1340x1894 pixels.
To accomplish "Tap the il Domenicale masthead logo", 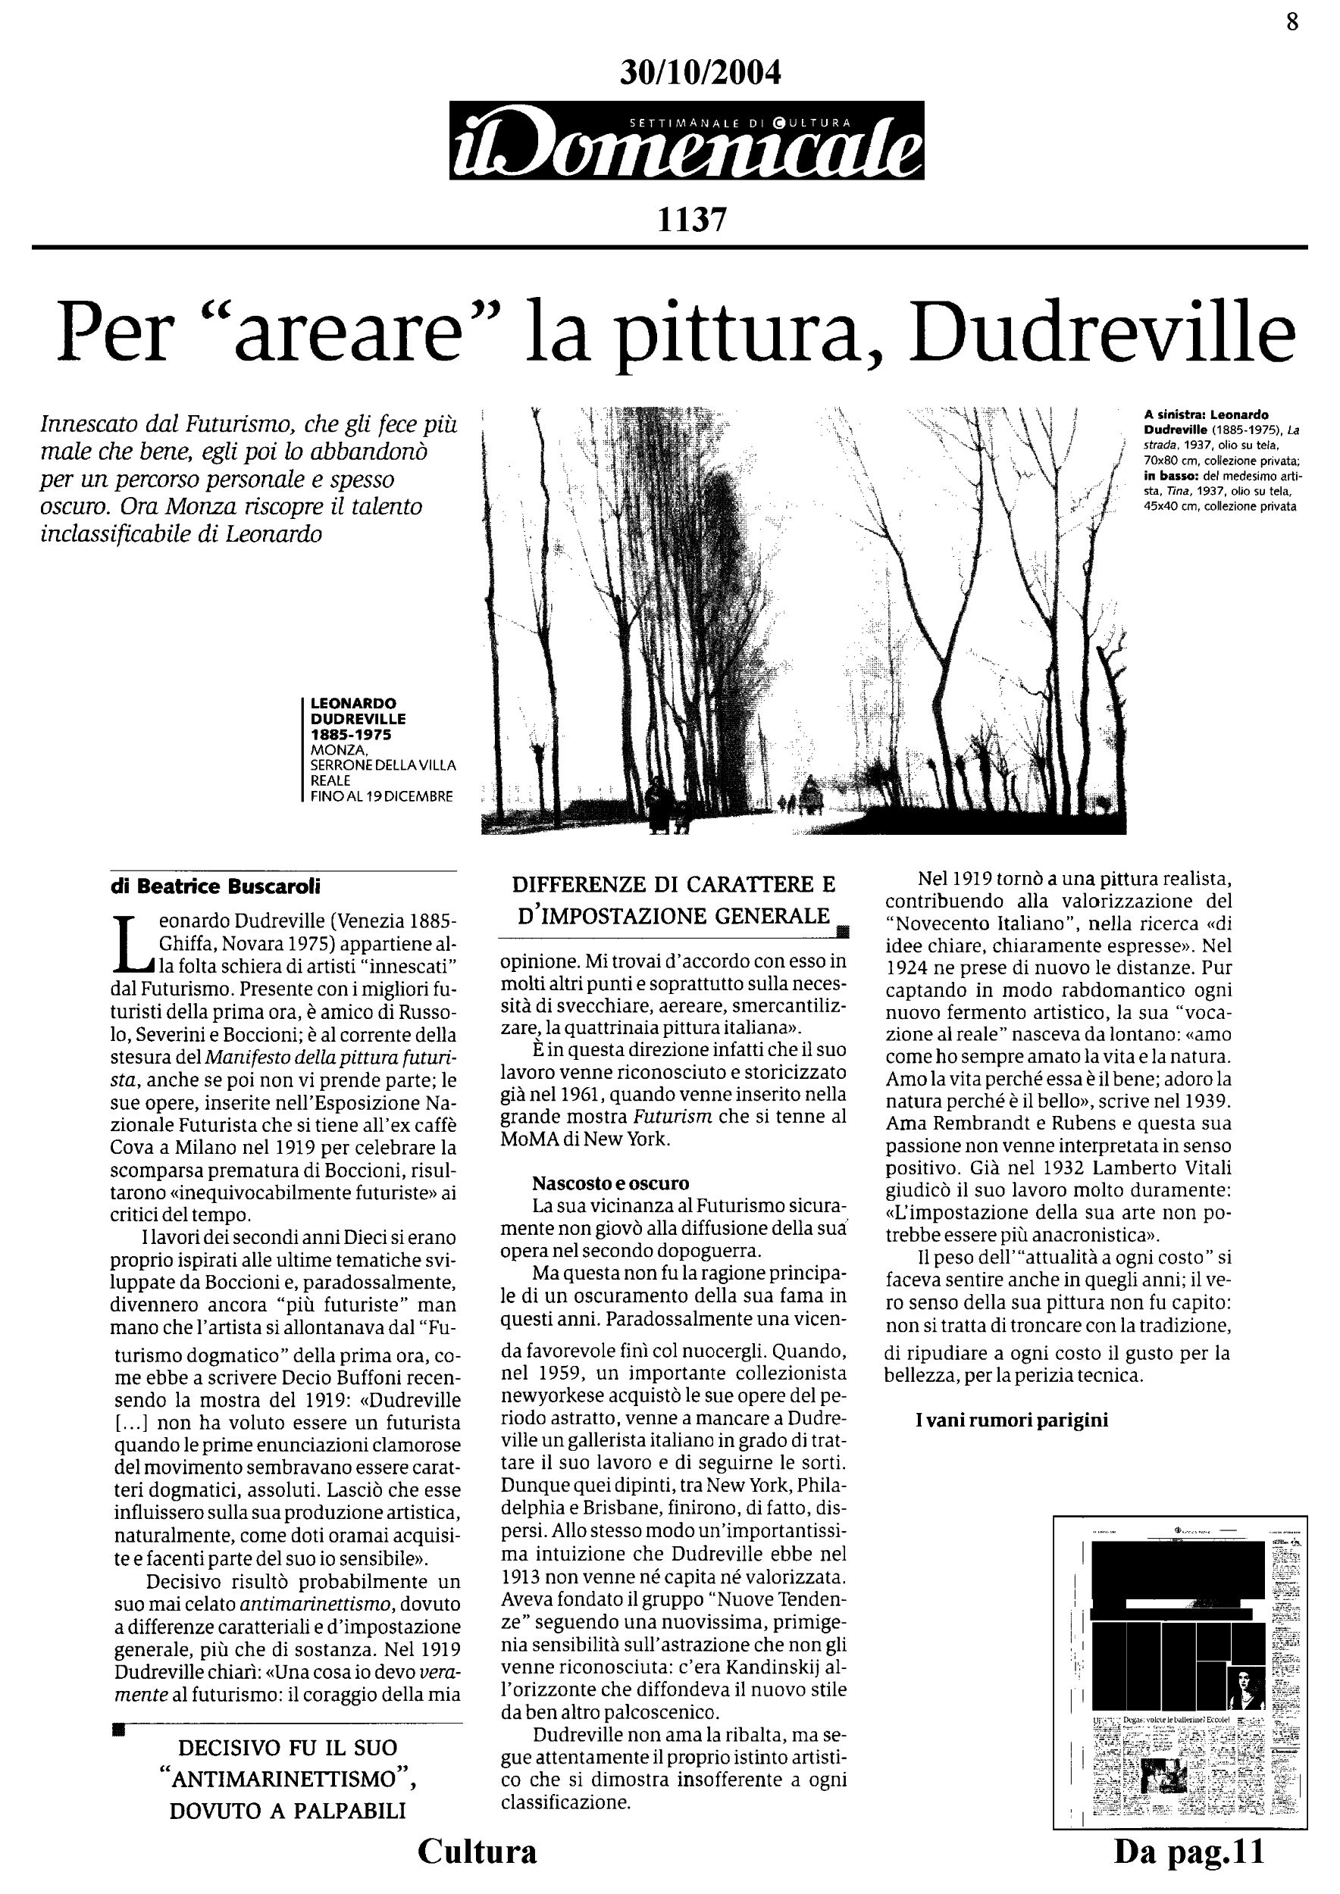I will [x=687, y=141].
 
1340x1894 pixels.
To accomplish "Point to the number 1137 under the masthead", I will [x=691, y=220].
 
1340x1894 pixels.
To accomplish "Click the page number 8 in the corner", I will [x=1292, y=21].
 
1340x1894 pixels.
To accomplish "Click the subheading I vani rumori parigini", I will [x=1012, y=1420].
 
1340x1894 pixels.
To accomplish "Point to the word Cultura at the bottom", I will [x=477, y=1850].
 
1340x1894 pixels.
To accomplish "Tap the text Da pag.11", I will [x=1189, y=1852].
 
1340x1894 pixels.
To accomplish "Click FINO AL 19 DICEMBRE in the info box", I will [x=381, y=797].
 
